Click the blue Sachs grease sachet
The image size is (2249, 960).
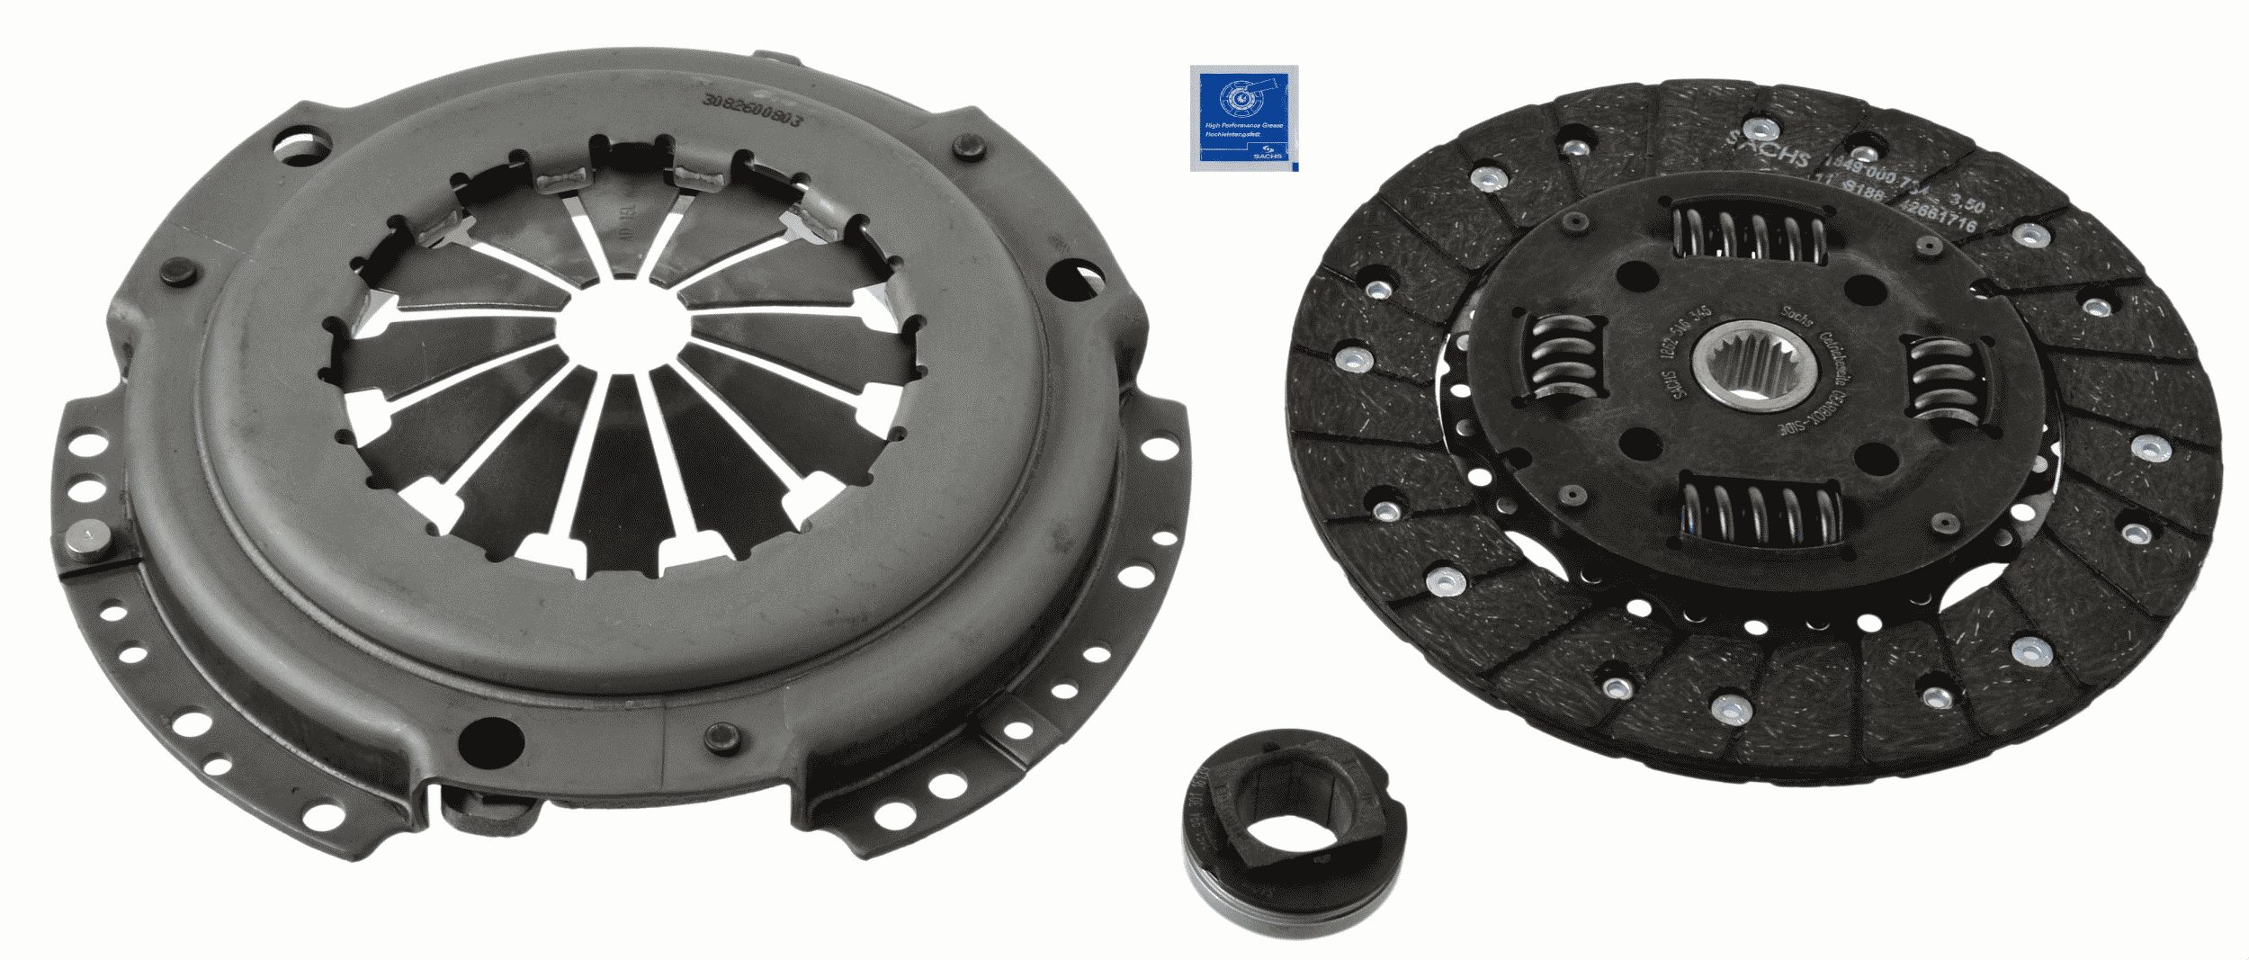1241,117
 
